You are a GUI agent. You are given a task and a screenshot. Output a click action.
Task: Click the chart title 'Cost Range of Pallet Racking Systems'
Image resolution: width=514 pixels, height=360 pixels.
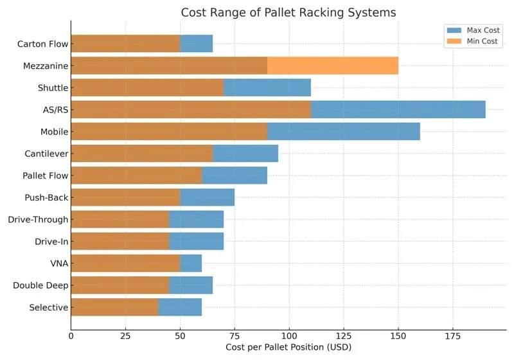click(288, 12)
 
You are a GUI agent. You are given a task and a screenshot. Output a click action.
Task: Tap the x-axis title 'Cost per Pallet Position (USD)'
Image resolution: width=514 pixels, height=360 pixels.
click(288, 347)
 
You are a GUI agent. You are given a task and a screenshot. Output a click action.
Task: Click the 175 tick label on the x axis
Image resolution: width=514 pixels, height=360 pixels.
click(453, 335)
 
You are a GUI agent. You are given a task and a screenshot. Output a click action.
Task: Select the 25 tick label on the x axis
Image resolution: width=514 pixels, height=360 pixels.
click(125, 335)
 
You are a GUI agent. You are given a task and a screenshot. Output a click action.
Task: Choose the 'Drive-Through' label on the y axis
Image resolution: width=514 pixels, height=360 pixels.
click(38, 220)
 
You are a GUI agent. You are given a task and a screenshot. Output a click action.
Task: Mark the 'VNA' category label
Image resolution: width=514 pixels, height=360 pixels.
click(59, 264)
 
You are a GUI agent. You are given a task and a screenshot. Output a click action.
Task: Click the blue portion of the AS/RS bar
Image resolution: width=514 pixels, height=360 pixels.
click(398, 109)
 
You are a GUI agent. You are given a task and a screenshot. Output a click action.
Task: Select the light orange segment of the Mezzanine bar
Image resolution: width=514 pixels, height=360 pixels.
click(333, 66)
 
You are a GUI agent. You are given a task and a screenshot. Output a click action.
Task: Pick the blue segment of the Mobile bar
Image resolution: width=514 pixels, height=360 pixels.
click(344, 131)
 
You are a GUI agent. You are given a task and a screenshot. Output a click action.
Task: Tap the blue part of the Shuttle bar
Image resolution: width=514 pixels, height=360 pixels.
click(267, 87)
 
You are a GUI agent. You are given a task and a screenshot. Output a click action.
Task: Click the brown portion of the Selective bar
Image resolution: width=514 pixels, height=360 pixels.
click(114, 307)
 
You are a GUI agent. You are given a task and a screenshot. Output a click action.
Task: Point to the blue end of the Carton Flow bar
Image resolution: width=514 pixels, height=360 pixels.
click(197, 44)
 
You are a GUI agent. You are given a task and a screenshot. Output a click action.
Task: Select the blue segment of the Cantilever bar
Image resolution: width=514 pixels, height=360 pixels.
click(245, 153)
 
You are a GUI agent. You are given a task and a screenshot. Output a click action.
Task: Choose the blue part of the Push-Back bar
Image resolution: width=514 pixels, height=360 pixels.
click(208, 197)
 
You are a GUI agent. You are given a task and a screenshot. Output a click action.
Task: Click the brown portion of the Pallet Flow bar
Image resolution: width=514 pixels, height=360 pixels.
click(136, 175)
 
